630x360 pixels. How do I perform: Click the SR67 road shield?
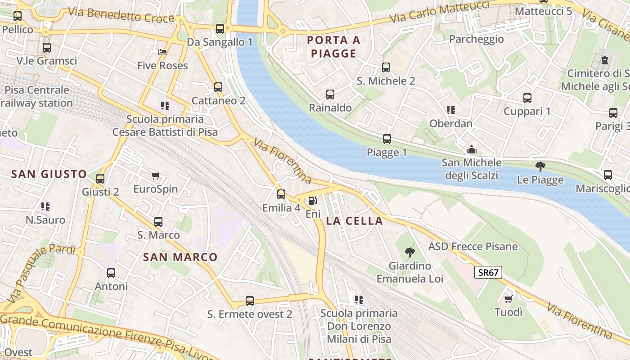pos(488,272)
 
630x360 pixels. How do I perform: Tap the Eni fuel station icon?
pos(313,201)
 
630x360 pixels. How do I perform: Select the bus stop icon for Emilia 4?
pos(281,194)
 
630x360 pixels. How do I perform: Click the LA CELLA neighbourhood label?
pos(354,221)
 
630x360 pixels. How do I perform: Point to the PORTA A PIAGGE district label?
pos(333,47)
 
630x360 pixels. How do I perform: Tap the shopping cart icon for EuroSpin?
pos(156,175)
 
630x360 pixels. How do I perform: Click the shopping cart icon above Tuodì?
pos(508,299)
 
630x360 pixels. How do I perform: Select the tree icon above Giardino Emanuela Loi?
pos(409,252)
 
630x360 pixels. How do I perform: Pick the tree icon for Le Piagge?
pos(540,166)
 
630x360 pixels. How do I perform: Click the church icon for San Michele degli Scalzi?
pos(471,149)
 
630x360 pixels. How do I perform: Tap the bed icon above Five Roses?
pos(162,52)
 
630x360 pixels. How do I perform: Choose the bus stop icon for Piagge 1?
pos(387,139)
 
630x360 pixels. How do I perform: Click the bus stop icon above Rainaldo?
pos(330,94)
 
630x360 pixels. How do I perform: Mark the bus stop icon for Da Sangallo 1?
pos(220,29)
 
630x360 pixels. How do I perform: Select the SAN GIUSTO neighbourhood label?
pos(49,174)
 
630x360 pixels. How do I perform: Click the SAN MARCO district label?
pos(180,257)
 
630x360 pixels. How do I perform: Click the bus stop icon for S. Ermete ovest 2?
pos(250,301)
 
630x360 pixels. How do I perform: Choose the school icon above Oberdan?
pos(451,110)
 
